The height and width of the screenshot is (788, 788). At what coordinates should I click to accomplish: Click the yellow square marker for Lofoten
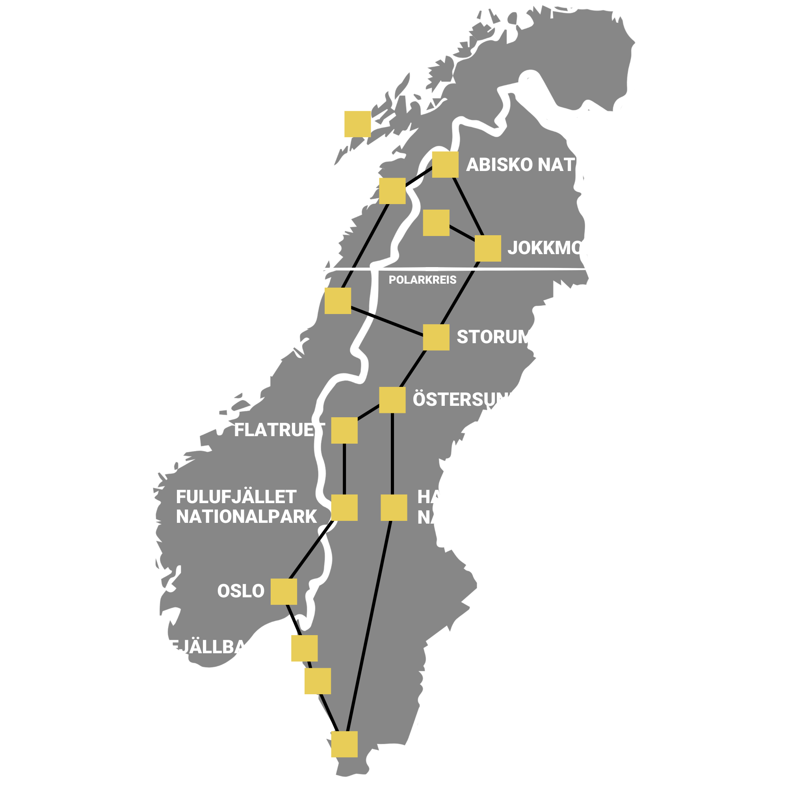(x=357, y=124)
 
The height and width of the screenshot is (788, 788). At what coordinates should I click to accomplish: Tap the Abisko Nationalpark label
(x=572, y=165)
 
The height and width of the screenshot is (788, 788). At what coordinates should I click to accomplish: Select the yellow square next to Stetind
(x=392, y=191)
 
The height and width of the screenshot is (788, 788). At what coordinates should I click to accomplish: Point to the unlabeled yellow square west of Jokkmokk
(x=436, y=223)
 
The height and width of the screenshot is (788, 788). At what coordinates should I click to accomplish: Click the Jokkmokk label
(x=558, y=248)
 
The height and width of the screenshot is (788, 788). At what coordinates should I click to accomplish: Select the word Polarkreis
(x=422, y=280)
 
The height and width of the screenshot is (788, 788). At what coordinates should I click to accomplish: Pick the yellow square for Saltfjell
(x=338, y=301)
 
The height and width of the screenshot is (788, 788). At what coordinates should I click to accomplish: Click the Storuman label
(x=508, y=337)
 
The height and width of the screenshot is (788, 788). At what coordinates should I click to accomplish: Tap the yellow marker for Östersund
(x=392, y=400)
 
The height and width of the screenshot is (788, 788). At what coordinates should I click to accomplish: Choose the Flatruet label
(x=279, y=430)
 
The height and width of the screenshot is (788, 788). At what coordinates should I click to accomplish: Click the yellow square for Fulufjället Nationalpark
(x=344, y=507)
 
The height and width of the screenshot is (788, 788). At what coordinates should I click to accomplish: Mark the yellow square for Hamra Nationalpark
(x=394, y=507)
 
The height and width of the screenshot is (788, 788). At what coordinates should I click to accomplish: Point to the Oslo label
(x=241, y=591)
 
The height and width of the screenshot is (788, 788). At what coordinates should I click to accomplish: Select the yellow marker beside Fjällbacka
(x=304, y=648)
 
